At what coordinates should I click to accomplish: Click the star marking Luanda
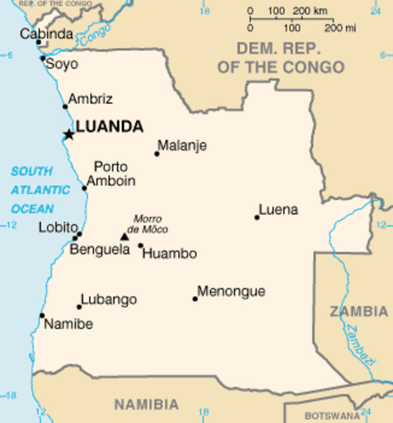(x=69, y=134)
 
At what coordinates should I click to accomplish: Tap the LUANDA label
(x=109, y=127)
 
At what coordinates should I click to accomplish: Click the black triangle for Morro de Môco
(x=125, y=236)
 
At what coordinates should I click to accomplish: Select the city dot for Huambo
(x=141, y=246)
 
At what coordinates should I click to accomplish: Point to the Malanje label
(x=182, y=146)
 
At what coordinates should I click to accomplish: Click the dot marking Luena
(x=257, y=217)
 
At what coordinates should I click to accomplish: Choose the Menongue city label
(x=231, y=291)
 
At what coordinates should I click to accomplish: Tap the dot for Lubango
(x=79, y=307)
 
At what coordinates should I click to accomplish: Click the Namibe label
(x=69, y=324)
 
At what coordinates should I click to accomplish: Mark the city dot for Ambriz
(x=65, y=107)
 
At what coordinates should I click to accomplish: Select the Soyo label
(x=63, y=64)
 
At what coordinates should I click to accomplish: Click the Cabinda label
(x=46, y=34)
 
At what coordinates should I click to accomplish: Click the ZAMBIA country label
(x=359, y=312)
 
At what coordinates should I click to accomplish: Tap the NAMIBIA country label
(x=146, y=405)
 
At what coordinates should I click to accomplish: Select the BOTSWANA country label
(x=332, y=415)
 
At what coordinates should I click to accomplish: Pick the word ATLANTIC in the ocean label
(x=40, y=190)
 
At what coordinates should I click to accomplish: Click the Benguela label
(x=99, y=250)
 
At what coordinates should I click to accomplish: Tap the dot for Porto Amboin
(x=84, y=188)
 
